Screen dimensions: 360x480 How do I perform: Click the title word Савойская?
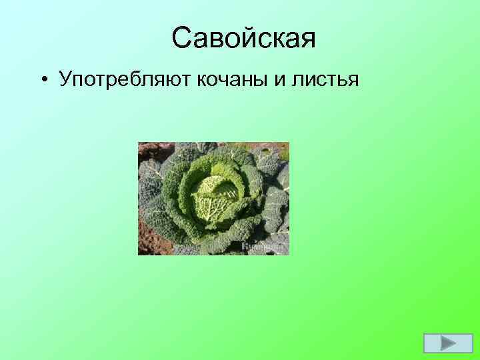coord(243,38)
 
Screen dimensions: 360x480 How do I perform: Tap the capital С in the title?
coord(182,38)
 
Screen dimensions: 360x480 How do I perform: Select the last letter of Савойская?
coord(307,41)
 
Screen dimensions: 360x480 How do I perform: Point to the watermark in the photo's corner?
coord(269,247)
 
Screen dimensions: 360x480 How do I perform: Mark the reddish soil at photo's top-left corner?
coord(145,147)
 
